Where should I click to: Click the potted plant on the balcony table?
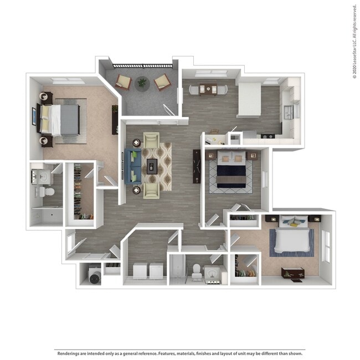point(142,83)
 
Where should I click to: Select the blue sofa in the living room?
point(133,166)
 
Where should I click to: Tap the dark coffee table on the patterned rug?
point(152,165)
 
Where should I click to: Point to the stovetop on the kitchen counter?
point(268,135)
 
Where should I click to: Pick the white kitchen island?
point(249,100)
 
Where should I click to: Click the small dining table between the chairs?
point(208,88)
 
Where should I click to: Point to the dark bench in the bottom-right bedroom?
point(292,273)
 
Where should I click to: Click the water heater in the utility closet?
point(94,274)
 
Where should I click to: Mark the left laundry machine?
point(140,270)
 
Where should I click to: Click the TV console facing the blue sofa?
point(197,166)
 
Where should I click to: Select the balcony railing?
point(142,66)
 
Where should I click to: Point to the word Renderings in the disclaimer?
point(68,352)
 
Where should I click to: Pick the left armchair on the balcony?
point(124,82)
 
